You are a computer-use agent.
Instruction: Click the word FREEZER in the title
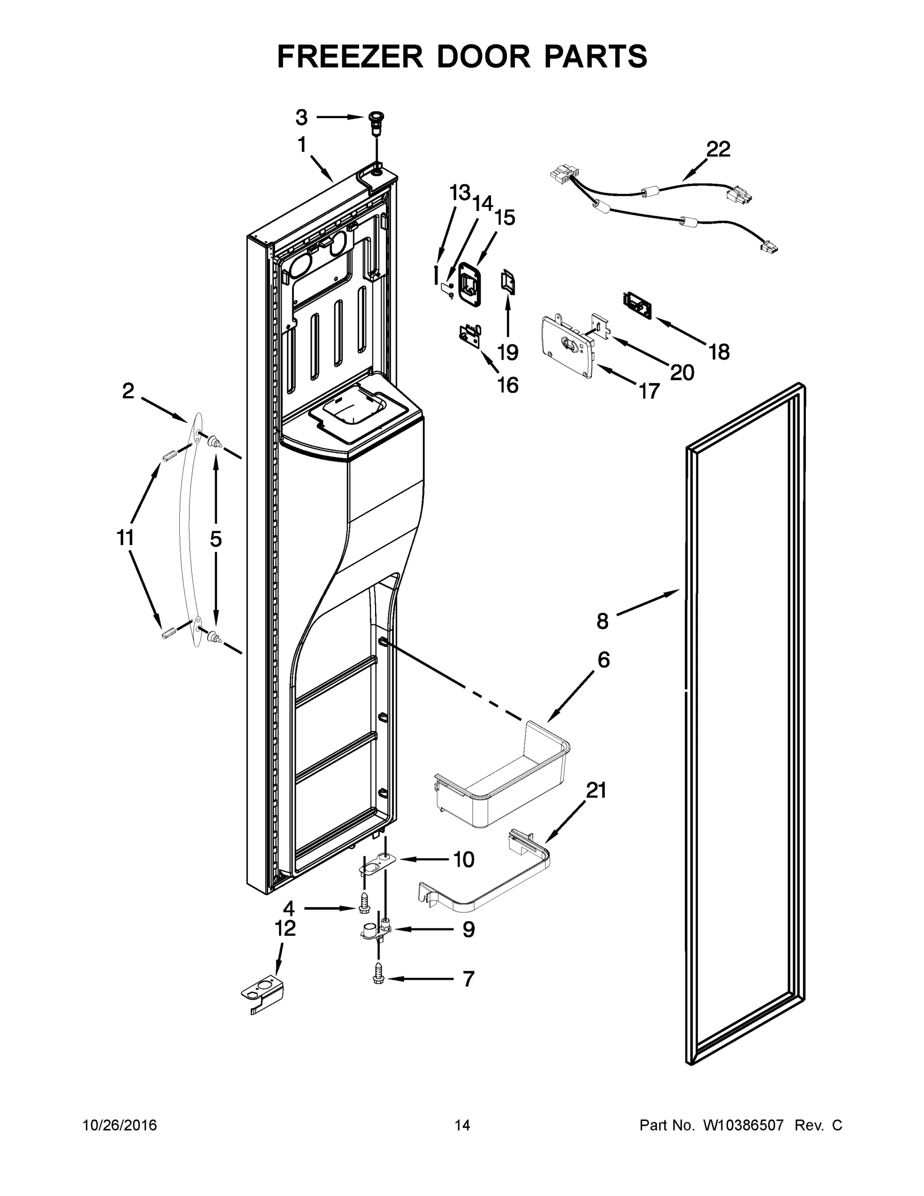tap(350, 57)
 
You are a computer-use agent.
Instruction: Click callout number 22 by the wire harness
tap(718, 149)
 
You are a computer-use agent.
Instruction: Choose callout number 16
tap(508, 386)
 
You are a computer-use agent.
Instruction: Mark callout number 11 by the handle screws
tap(126, 538)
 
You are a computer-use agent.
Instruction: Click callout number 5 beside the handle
tap(216, 539)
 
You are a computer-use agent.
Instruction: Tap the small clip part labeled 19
tap(508, 283)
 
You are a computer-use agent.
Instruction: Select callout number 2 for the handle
tap(128, 391)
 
